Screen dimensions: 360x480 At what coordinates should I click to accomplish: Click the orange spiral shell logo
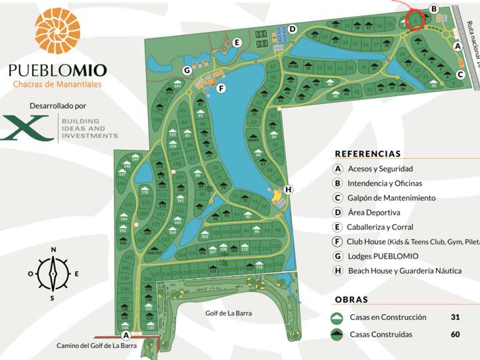[x=57, y=31]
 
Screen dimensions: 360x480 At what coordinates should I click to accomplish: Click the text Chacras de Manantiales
[x=57, y=84]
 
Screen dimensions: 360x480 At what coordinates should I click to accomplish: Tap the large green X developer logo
[x=27, y=128]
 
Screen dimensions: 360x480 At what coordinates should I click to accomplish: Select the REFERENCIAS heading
[x=368, y=153]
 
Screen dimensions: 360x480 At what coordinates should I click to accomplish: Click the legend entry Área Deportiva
[x=373, y=213]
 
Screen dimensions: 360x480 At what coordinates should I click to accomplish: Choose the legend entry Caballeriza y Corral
[x=380, y=227]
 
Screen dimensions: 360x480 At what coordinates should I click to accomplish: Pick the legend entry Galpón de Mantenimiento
[x=391, y=198]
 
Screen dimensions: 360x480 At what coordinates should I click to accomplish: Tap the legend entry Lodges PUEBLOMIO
[x=383, y=256]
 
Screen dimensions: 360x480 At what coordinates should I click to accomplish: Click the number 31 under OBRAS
[x=455, y=317]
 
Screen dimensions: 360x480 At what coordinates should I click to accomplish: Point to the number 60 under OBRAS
[x=455, y=335]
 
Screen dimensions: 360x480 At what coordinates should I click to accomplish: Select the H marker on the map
[x=288, y=189]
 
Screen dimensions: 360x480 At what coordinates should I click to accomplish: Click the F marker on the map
[x=221, y=88]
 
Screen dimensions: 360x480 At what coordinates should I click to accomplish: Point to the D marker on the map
[x=292, y=29]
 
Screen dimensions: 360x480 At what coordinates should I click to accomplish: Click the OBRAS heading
[x=351, y=300]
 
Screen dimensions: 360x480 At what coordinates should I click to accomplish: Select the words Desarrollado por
[x=58, y=105]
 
